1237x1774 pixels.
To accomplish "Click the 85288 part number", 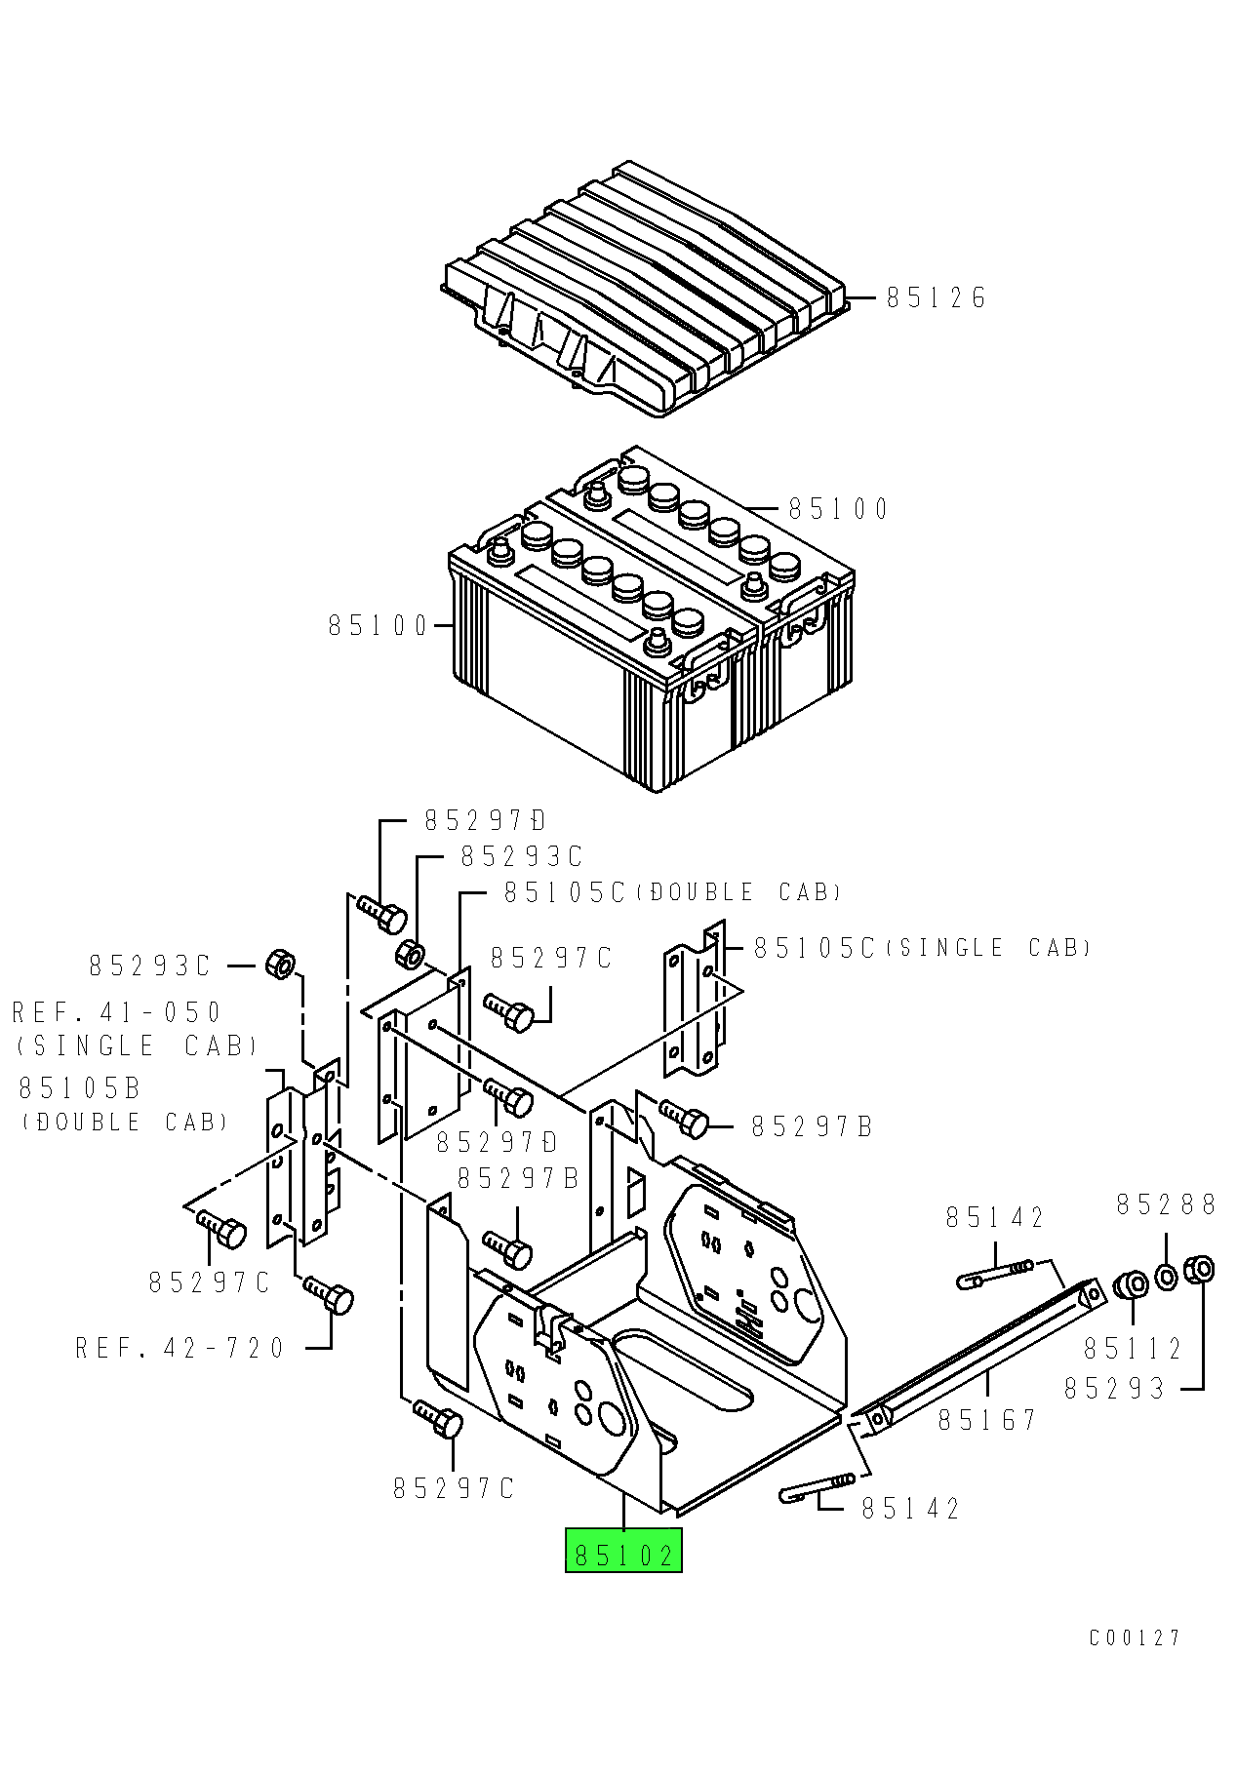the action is coord(1166,1205).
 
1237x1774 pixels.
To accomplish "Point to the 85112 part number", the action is coord(1133,1349).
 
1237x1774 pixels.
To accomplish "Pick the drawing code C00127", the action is coord(1135,1637).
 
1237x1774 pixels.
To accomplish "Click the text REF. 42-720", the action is coord(180,1349).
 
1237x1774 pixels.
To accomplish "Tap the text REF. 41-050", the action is coord(117,1012).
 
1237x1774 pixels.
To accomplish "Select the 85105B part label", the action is coord(80,1088).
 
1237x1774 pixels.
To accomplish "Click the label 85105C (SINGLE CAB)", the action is coord(922,948).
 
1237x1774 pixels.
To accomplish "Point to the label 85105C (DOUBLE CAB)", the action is coord(672,892).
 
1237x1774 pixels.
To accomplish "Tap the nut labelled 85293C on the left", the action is coord(280,965).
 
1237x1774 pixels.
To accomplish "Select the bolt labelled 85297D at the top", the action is coord(381,914).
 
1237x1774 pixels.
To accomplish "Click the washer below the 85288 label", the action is coord(1166,1276).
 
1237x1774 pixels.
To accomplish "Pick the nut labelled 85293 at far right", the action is coord(1199,1270).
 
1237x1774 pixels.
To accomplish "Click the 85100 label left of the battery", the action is coord(379,625).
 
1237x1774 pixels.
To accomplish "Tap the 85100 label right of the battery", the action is coord(839,509).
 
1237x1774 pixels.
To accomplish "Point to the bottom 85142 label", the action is coord(911,1509).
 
